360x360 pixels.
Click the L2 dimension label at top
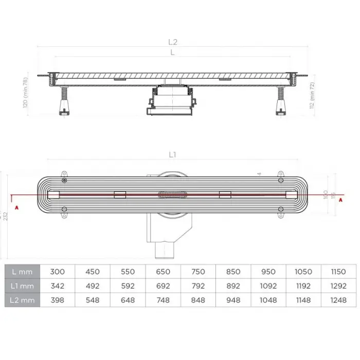(175, 43)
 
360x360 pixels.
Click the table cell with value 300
(58, 271)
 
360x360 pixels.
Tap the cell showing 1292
(338, 285)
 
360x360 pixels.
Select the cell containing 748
(163, 300)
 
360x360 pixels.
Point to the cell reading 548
(93, 300)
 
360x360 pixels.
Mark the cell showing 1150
(338, 271)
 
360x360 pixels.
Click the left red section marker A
(16, 207)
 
